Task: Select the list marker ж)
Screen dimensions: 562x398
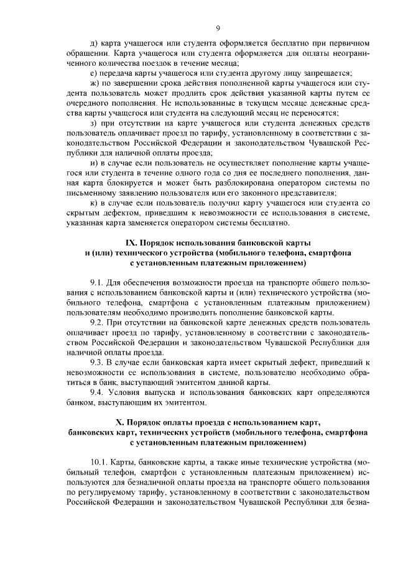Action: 95,83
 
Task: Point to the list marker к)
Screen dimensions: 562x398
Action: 94,203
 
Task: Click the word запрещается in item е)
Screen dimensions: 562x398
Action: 322,73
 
